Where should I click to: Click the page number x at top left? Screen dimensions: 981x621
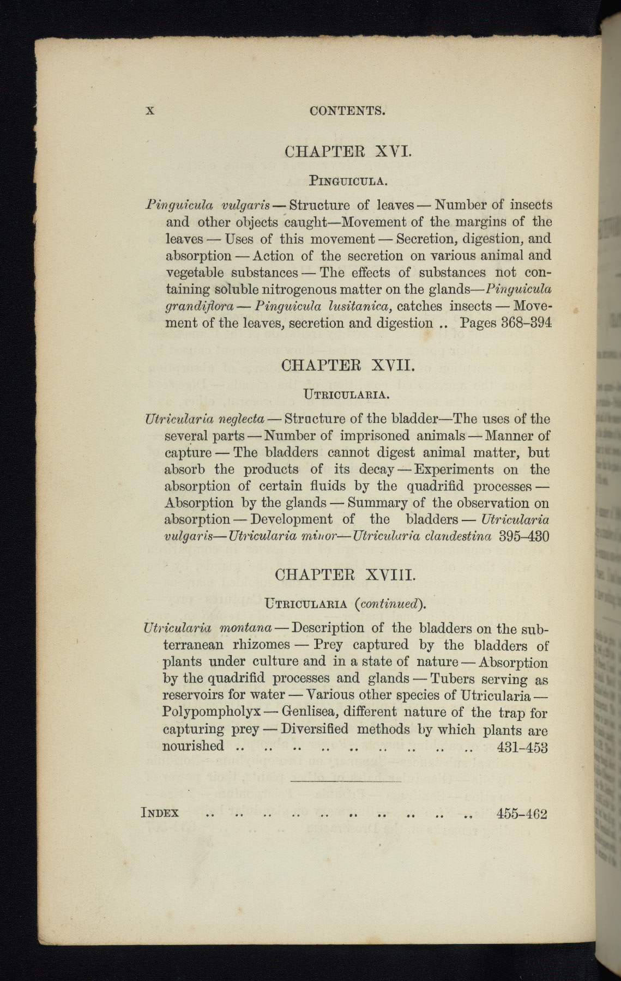coord(150,111)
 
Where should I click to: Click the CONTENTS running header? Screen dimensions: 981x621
coord(347,111)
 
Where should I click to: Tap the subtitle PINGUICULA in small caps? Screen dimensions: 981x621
coord(348,179)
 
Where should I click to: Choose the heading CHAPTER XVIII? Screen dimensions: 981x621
coord(347,574)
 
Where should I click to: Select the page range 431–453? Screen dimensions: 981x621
coord(522,747)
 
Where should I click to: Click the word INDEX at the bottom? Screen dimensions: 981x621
coord(160,813)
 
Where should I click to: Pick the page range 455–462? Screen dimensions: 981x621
coord(521,814)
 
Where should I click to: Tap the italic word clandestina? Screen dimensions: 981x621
coord(458,536)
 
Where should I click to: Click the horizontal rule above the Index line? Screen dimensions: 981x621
coord(346,781)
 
